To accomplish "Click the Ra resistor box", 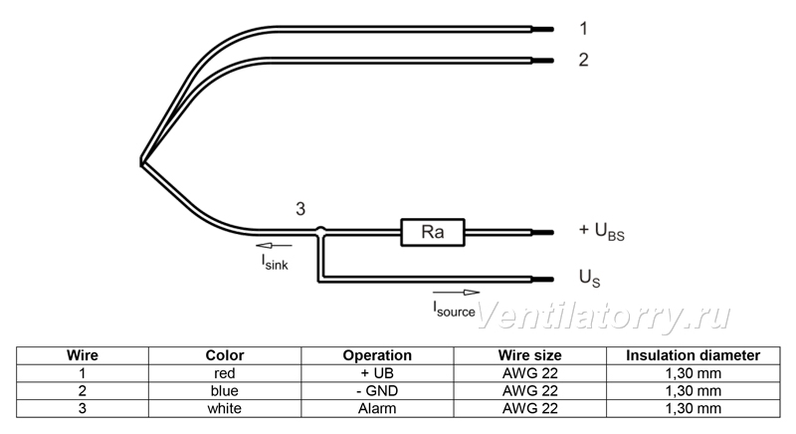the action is click(x=433, y=233).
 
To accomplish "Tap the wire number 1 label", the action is click(x=584, y=29).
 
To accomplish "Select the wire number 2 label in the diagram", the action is click(x=584, y=60).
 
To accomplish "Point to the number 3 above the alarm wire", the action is click(x=300, y=209).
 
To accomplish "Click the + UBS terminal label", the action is click(x=602, y=231).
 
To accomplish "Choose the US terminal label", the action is click(x=589, y=278).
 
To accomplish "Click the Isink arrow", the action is click(x=275, y=246).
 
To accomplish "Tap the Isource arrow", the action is click(x=456, y=293).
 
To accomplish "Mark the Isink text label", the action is click(x=275, y=262).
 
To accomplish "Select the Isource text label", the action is click(x=454, y=310).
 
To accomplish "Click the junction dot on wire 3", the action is click(x=320, y=231).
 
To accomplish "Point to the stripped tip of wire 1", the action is click(x=542, y=30).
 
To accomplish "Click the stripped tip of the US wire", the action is click(x=542, y=279).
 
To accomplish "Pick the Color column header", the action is click(x=225, y=355).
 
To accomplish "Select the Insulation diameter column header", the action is click(x=693, y=355).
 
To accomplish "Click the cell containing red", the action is click(x=225, y=373).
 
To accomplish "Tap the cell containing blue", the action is click(x=225, y=391).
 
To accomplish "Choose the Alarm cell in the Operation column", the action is click(x=377, y=409).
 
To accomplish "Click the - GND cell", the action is click(x=377, y=391).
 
